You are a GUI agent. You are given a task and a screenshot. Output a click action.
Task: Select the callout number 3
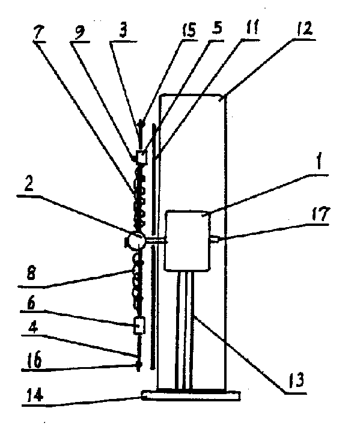pos(123,31)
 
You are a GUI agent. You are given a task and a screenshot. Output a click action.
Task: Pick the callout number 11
pos(252,27)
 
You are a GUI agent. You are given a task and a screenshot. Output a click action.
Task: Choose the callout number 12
pos(305,28)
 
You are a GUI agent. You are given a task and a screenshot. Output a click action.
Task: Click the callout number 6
pos(31,303)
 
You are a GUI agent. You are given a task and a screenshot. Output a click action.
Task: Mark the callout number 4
pos(33,328)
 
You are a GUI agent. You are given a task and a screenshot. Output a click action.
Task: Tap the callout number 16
pos(35,359)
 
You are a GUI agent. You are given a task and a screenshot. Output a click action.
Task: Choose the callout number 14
pos(35,395)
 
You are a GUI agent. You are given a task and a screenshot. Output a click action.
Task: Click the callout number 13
pos(296,380)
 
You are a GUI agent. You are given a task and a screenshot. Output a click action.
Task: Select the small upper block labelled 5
pos(141,157)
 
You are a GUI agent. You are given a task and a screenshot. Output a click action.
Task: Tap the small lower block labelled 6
pos(139,325)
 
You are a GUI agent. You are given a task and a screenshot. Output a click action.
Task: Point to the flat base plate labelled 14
pos(191,395)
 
